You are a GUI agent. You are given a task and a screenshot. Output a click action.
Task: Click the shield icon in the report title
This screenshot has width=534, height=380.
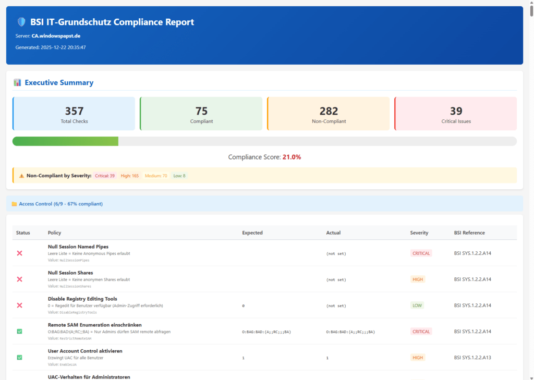click(21, 22)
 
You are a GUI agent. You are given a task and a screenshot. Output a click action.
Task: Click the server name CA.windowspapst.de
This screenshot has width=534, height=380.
click(56, 36)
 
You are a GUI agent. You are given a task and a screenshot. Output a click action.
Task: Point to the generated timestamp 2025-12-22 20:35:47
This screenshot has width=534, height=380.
click(63, 47)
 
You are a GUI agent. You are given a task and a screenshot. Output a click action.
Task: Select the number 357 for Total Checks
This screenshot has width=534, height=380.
click(74, 111)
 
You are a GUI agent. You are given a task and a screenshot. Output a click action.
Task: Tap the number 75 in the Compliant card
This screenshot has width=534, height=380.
click(201, 111)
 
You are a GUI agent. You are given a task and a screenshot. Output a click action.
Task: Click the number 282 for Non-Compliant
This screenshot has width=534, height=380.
click(329, 111)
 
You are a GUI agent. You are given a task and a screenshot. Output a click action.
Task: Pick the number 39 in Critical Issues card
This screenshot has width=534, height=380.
click(456, 111)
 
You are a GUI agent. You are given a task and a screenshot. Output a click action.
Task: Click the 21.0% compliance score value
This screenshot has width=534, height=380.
click(292, 157)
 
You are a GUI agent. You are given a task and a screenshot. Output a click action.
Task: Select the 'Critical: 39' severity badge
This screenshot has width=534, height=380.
click(105, 176)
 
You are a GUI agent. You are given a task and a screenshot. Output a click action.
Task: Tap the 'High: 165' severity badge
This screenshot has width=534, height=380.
click(130, 176)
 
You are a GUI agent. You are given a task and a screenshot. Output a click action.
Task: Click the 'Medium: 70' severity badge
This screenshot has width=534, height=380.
click(156, 176)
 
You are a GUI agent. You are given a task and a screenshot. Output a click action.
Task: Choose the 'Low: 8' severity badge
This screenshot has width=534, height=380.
click(179, 176)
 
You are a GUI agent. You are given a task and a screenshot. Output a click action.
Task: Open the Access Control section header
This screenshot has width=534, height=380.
click(60, 204)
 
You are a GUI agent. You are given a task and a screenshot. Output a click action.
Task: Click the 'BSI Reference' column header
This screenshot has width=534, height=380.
click(469, 232)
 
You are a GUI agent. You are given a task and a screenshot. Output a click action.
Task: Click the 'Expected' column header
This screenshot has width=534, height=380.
click(252, 232)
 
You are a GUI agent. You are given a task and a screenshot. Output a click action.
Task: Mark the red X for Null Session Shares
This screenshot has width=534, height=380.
click(20, 279)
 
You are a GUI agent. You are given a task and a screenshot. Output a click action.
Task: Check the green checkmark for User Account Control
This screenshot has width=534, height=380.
click(20, 358)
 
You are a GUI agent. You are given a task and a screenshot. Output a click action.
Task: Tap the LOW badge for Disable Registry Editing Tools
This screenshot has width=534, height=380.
click(417, 305)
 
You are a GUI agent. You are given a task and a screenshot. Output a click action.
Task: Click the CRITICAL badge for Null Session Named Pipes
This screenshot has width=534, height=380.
click(421, 253)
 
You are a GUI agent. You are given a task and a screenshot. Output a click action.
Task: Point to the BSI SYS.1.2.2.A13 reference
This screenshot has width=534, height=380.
click(473, 358)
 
